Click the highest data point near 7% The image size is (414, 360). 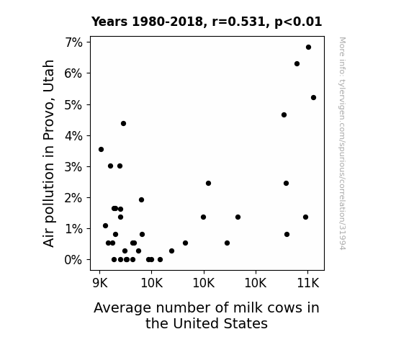click(308, 48)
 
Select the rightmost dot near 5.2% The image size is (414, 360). click(313, 98)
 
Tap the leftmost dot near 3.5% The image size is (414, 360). click(101, 150)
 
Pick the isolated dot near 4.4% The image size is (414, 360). click(123, 124)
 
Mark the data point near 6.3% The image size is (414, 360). click(297, 64)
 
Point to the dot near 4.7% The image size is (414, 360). click(284, 115)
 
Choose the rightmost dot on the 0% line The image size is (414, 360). click(160, 260)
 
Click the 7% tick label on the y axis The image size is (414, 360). click(73, 42)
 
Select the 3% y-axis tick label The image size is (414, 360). click(73, 167)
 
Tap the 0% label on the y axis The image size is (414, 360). click(73, 260)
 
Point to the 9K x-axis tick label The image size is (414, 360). click(100, 283)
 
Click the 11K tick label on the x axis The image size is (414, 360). click(308, 283)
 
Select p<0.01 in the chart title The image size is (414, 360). click(298, 22)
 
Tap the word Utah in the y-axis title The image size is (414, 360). click(48, 76)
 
